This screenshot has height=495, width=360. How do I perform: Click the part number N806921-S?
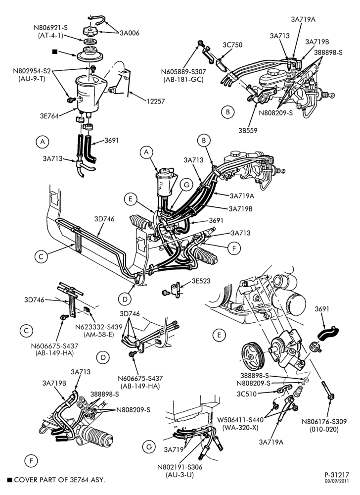click(x=51, y=28)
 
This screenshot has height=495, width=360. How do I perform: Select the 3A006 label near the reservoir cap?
click(x=129, y=33)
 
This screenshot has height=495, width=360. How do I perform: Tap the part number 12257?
click(x=155, y=101)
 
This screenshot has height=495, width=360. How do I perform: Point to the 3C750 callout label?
click(x=232, y=45)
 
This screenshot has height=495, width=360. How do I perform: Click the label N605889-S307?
click(x=183, y=72)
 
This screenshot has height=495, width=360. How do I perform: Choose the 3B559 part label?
click(x=248, y=130)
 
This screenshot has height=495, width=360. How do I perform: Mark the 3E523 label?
click(x=201, y=281)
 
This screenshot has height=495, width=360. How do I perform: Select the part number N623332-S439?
click(x=99, y=327)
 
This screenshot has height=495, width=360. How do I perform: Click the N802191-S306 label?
click(x=180, y=467)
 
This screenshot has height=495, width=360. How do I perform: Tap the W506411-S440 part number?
click(x=240, y=420)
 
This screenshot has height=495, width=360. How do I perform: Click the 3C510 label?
click(x=247, y=394)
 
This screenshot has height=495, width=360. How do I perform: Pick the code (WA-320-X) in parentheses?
click(x=240, y=428)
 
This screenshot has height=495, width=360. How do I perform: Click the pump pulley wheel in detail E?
click(x=254, y=357)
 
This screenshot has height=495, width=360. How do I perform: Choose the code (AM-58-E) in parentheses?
click(x=99, y=334)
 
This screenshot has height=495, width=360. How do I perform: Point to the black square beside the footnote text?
click(x=10, y=480)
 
